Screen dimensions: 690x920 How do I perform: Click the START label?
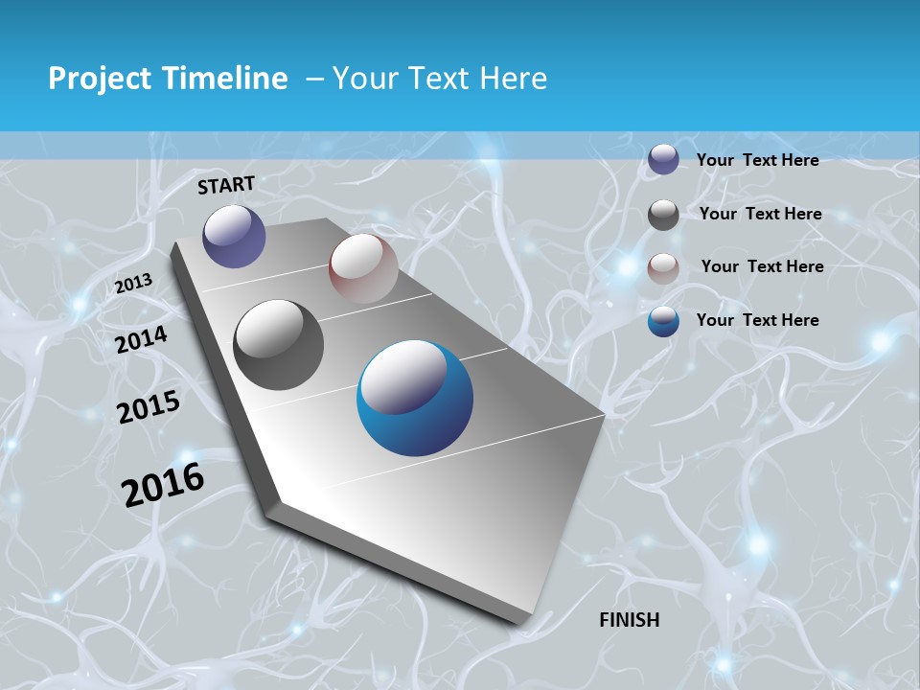(x=226, y=185)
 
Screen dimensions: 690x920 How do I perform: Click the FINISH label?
(x=630, y=620)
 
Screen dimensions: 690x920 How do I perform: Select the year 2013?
(x=133, y=284)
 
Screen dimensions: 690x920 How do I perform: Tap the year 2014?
(x=142, y=339)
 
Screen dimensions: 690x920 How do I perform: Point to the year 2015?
(x=149, y=407)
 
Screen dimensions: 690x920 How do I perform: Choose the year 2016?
(x=163, y=484)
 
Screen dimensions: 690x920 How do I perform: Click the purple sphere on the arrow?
(x=234, y=236)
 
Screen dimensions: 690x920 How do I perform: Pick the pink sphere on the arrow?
(x=363, y=268)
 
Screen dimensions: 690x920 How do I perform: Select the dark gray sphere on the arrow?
(x=279, y=345)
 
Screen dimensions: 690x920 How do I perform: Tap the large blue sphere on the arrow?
(x=415, y=398)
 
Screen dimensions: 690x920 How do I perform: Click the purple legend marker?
(x=663, y=160)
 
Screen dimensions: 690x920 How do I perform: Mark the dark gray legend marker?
(x=663, y=215)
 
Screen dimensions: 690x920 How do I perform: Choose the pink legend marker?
(x=663, y=268)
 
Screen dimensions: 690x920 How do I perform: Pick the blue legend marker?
(x=663, y=321)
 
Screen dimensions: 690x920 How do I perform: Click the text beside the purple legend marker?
(x=757, y=160)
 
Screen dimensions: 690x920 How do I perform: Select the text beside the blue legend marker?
(x=757, y=320)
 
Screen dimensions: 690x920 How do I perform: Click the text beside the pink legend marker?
(x=762, y=266)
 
